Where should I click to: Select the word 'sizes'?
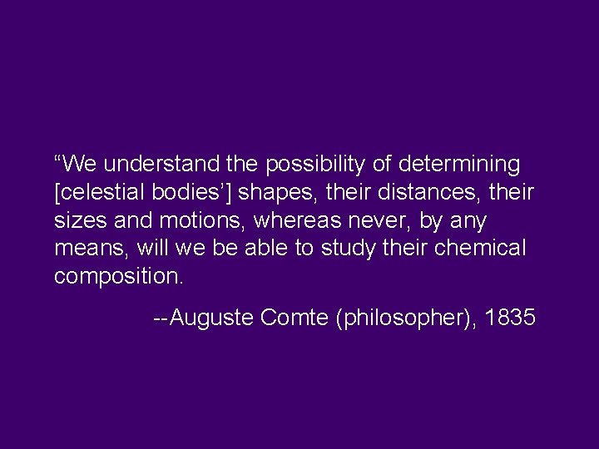76,221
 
